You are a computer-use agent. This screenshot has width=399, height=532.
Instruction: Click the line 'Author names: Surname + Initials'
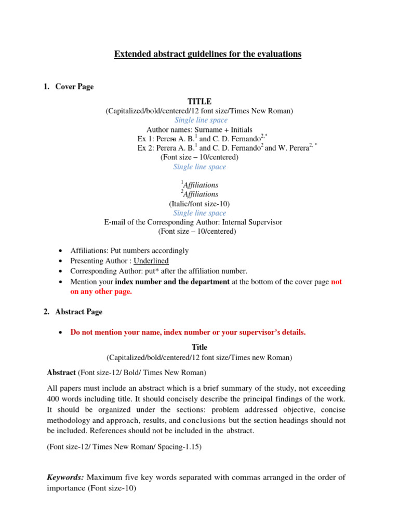(199, 129)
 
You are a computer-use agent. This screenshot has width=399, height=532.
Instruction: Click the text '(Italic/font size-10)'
(199, 204)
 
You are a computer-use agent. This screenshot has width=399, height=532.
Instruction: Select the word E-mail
(115, 222)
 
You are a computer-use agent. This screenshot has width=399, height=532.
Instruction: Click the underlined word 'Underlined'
(151, 261)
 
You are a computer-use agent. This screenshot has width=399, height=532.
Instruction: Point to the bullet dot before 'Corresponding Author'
(62, 271)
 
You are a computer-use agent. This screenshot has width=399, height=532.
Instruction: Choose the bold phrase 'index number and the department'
(172, 282)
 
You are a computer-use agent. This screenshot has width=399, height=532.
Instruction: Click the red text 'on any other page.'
(101, 291)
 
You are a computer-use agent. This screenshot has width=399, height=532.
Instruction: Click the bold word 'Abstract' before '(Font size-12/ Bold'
(61, 373)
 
